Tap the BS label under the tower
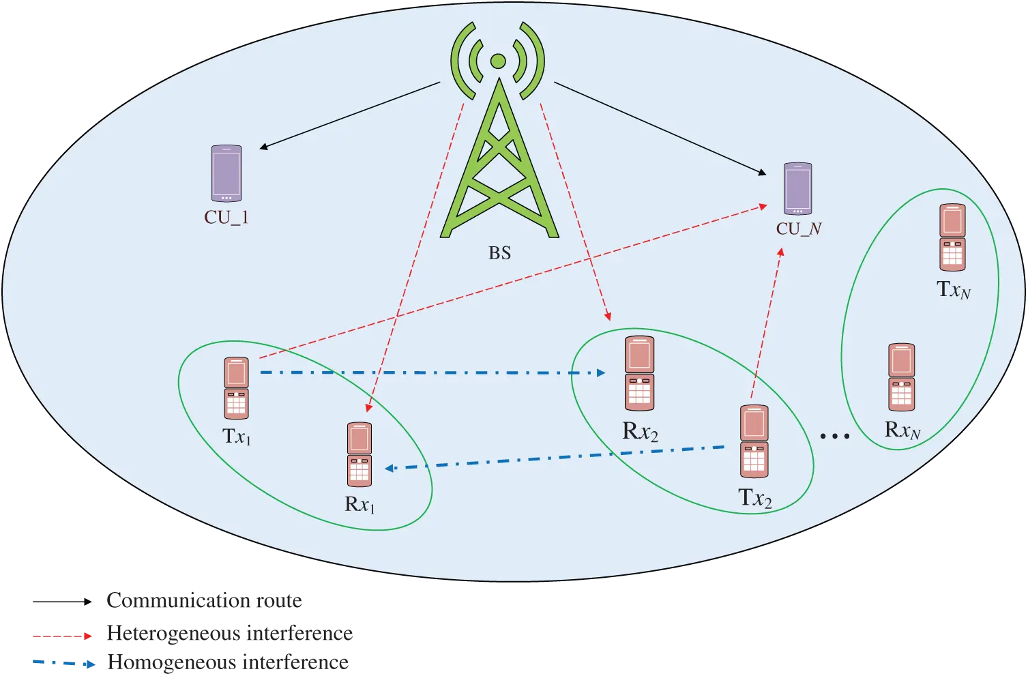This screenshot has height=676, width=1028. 499,253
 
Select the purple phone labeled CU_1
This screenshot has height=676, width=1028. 226,173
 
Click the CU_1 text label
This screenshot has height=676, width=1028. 226,218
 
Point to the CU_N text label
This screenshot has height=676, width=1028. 798,229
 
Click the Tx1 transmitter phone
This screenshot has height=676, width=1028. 237,387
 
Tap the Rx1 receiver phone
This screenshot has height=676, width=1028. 359,454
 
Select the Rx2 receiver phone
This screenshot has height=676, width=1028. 640,373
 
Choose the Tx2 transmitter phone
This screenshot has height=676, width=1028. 754,441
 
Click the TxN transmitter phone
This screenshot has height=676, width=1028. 952,237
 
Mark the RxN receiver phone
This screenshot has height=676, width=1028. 901,377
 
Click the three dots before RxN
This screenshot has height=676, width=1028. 834,436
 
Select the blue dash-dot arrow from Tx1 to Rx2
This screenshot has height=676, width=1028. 430,373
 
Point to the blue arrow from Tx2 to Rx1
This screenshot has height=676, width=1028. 553,458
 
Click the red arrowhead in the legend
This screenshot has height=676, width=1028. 87,636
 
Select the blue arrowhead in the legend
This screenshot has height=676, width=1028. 89,663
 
